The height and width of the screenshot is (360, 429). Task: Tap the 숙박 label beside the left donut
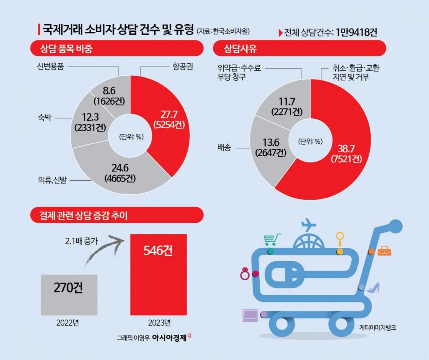pos(43,118)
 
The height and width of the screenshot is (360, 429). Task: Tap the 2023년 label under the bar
pos(159,323)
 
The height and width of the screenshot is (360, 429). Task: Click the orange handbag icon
pos(385,251)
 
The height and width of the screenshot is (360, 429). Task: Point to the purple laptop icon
pos(250,314)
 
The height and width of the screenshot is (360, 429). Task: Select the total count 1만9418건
pos(356,32)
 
